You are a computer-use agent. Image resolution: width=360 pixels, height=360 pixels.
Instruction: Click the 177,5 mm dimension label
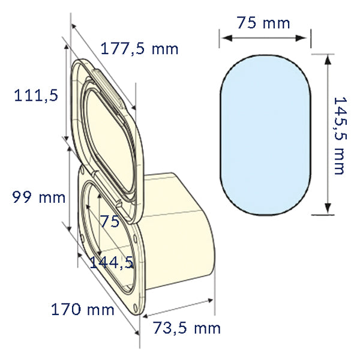coord(139,49)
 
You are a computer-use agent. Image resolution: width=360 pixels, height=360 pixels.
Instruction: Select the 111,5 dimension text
coord(36,95)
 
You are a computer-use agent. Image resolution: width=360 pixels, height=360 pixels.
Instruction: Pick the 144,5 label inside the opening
coord(111,262)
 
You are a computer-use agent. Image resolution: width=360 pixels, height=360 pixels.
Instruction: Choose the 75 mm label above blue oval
coord(263,23)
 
